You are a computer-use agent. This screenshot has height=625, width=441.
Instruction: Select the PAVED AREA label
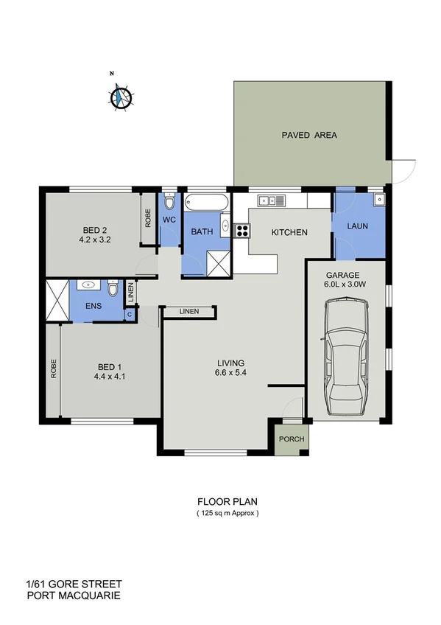tap(309, 135)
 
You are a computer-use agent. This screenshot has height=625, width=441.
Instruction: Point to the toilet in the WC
tap(169, 202)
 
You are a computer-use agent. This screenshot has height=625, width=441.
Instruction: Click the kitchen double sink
tap(267, 199)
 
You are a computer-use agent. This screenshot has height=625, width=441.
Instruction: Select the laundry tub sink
tap(378, 199)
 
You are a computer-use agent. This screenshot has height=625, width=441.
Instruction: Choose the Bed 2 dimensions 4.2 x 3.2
tap(94, 240)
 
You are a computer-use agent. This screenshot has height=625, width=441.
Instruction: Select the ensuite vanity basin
tap(88, 284)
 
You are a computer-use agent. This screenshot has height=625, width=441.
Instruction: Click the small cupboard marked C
tap(130, 314)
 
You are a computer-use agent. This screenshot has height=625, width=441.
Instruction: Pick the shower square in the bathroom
tap(218, 261)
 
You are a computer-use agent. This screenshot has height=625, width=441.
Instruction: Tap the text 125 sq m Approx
tap(227, 512)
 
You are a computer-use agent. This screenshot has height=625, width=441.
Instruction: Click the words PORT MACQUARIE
tap(73, 595)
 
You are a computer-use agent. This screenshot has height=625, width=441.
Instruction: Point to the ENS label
tap(93, 305)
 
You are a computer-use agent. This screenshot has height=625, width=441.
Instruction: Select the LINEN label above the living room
tap(189, 312)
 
